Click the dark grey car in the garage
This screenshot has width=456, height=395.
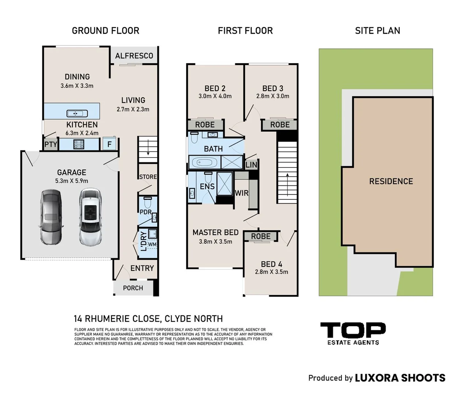[51, 217]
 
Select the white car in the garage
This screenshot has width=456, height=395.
[90, 215]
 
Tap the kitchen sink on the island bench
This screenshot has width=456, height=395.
[77, 114]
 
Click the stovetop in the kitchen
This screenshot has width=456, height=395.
[79, 144]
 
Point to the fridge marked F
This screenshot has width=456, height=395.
[109, 144]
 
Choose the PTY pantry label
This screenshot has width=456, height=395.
[51, 144]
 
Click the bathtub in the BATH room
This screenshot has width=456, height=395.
[204, 162]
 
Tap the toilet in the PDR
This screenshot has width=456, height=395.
[147, 202]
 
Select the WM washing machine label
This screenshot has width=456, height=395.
[152, 244]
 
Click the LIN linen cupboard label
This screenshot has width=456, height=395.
[251, 165]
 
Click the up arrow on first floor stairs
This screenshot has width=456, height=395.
[287, 184]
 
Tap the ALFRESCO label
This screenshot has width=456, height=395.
[134, 56]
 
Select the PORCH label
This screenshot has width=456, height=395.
[133, 288]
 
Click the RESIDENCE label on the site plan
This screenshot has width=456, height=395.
[391, 181]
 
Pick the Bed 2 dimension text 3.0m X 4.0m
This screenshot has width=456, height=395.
[215, 96]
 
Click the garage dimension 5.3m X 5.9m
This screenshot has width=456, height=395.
[72, 181]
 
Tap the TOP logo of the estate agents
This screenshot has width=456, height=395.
[353, 330]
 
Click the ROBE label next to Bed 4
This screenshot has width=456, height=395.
[261, 236]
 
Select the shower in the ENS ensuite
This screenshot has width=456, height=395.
[225, 184]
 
